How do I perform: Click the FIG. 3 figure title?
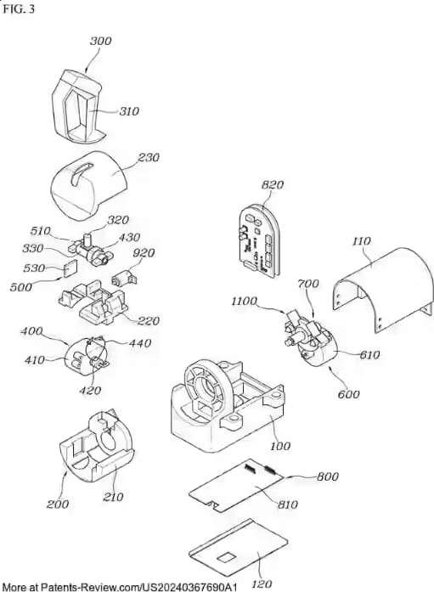pyautogui.click(x=19, y=8)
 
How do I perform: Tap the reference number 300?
pyautogui.click(x=101, y=41)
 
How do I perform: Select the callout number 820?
pyautogui.click(x=273, y=184)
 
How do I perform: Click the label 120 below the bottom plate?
pyautogui.click(x=261, y=584)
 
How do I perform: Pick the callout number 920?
pyautogui.click(x=144, y=252)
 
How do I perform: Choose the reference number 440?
pyautogui.click(x=140, y=343)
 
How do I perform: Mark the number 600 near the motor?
pyautogui.click(x=348, y=394)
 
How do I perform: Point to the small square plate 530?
pyautogui.click(x=69, y=269)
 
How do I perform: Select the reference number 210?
pyautogui.click(x=113, y=496)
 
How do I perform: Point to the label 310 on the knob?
pyautogui.click(x=129, y=111)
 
